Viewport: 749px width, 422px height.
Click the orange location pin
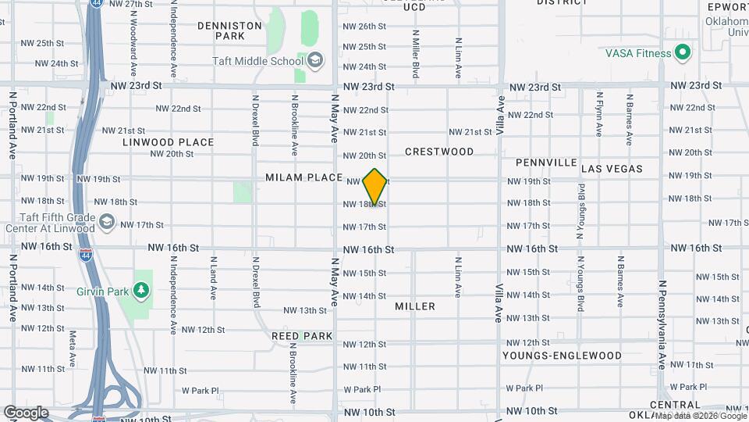pyautogui.click(x=375, y=186)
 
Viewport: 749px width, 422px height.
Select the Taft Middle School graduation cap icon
pyautogui.click(x=315, y=60)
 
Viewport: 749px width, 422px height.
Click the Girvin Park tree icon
pyautogui.click(x=141, y=291)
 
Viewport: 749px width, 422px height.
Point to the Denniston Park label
pyautogui.click(x=229, y=30)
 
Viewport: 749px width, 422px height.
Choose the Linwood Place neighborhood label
pyautogui.click(x=168, y=142)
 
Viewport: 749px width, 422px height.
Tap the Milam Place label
pyautogui.click(x=304, y=177)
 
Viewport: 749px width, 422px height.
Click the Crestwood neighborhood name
pyautogui.click(x=439, y=151)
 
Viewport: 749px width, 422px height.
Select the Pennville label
pyautogui.click(x=546, y=163)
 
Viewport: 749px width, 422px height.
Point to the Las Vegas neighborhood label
pyautogui.click(x=612, y=169)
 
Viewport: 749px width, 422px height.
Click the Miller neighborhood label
pyautogui.click(x=415, y=306)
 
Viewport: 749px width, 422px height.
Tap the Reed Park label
pyautogui.click(x=302, y=336)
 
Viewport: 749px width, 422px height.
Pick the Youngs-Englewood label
pyautogui.click(x=562, y=356)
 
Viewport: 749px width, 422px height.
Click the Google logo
pyautogui.click(x=25, y=412)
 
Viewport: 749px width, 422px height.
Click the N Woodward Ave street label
pyautogui.click(x=133, y=31)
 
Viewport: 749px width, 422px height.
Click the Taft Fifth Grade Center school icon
pyautogui.click(x=107, y=223)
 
